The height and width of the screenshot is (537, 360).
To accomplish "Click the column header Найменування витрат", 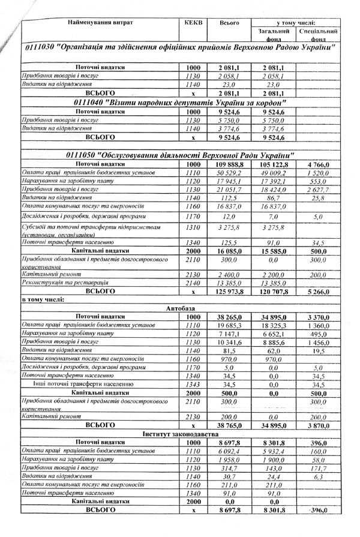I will (x=101, y=22).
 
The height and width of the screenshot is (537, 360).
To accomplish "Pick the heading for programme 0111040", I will (x=178, y=103).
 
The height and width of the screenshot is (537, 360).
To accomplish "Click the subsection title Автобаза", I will (x=180, y=308).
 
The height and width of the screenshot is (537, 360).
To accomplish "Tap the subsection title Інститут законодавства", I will (x=180, y=433).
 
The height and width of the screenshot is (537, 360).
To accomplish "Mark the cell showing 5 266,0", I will (x=319, y=292).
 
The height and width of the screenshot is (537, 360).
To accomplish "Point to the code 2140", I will (x=193, y=282).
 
